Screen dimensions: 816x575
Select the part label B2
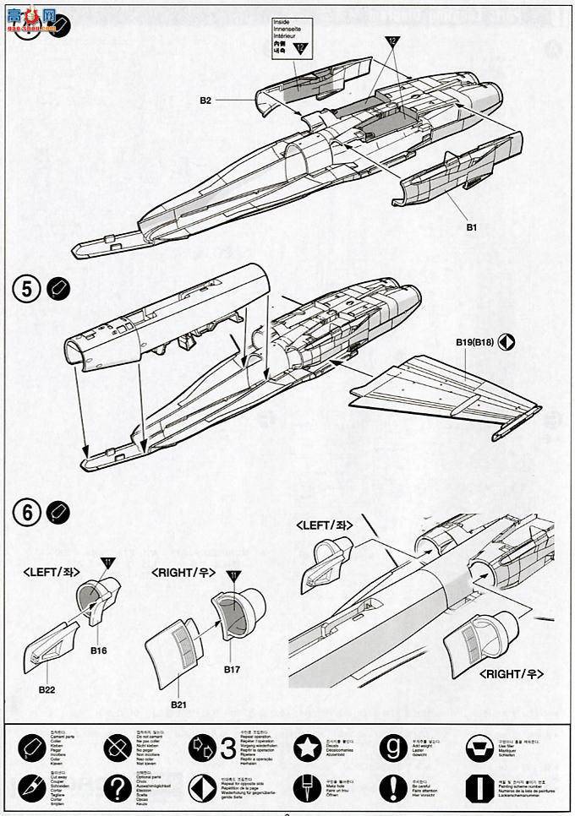click(x=205, y=101)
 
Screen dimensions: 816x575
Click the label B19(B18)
click(x=474, y=342)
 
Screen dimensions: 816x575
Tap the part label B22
click(x=47, y=688)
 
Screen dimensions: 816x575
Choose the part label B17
click(x=234, y=670)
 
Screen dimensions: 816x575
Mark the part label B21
click(x=178, y=704)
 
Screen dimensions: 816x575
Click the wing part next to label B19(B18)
click(x=440, y=393)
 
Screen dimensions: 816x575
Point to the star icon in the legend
click(x=305, y=747)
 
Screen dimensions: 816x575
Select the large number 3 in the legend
click(x=227, y=748)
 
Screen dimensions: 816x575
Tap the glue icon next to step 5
click(x=59, y=289)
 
